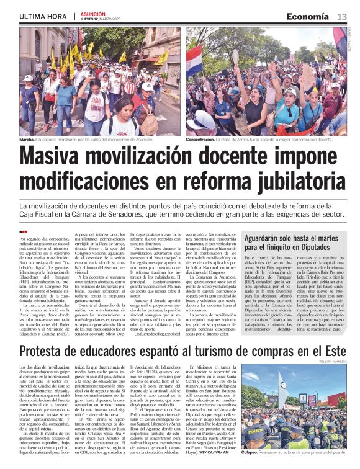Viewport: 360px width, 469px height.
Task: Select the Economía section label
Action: click(x=308, y=16)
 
